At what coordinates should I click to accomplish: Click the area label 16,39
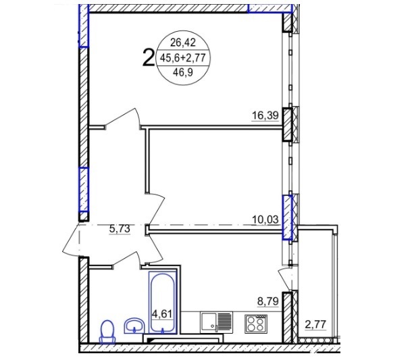[x=265, y=115]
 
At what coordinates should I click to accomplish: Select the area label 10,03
[x=265, y=220]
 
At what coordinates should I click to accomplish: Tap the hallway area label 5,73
[x=120, y=229]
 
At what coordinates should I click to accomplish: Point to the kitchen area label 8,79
[x=267, y=301]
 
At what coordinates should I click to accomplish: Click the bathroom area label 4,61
[x=161, y=314]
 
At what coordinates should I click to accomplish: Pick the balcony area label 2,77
[x=315, y=324]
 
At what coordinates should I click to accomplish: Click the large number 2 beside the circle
[x=148, y=58]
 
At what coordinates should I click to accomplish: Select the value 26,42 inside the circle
[x=183, y=43]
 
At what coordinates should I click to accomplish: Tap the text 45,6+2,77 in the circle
[x=183, y=57]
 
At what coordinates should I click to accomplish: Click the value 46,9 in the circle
[x=183, y=72]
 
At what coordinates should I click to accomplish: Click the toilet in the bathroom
[x=107, y=332]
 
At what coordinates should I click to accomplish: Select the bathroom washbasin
[x=134, y=326]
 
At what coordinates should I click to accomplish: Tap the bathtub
[x=162, y=302]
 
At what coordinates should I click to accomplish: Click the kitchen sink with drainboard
[x=217, y=323]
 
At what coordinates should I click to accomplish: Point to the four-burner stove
[x=256, y=324]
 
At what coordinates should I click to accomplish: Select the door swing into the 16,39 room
[x=123, y=118]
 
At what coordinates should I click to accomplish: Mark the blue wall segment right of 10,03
[x=287, y=217]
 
